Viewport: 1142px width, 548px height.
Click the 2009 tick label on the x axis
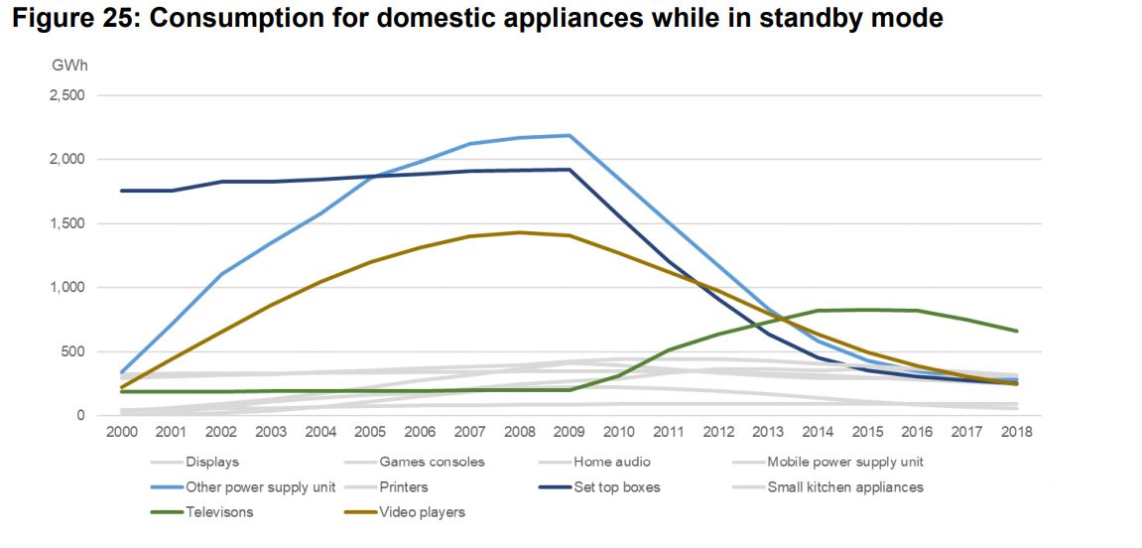coord(570,432)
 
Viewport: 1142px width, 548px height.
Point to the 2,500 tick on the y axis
coord(67,95)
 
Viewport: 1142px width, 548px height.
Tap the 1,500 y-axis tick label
coord(67,223)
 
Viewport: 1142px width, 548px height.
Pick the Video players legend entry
coord(422,512)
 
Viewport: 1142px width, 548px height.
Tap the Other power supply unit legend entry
coord(261,487)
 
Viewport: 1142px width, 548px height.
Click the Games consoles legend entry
coord(432,462)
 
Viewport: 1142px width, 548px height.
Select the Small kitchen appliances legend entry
coord(844,487)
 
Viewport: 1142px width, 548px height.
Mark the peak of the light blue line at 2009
coord(570,135)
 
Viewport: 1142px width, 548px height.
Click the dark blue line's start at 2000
coord(120,191)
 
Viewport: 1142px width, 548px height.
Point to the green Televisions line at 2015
coord(869,310)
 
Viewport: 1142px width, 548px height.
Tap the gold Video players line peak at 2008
coord(519,232)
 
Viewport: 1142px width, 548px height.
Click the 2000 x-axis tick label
coord(120,432)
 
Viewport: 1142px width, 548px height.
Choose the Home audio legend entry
coord(611,462)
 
